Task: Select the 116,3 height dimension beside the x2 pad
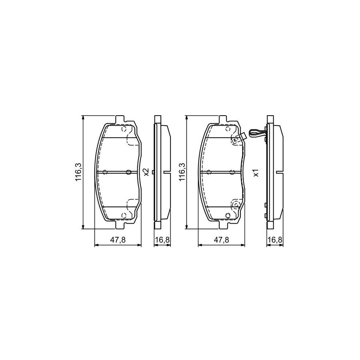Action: (78, 173)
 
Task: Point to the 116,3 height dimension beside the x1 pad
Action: (182, 173)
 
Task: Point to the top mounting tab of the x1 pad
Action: (223, 120)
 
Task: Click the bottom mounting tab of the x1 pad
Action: (223, 225)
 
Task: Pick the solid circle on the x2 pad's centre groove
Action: (128, 172)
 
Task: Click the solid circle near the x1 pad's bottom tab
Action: (228, 216)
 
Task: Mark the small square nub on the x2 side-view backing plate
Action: (165, 172)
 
